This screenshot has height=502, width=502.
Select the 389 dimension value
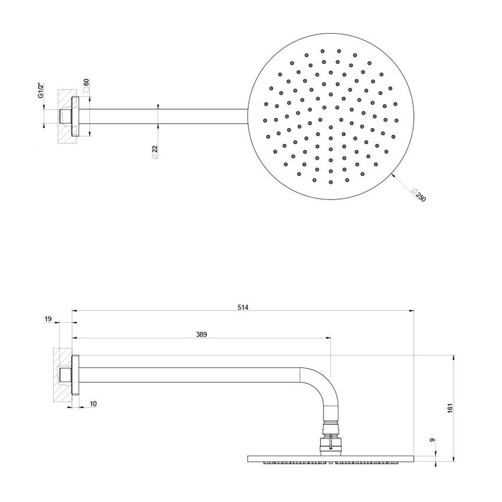pos(201,334)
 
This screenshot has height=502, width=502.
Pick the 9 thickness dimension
pos(432,440)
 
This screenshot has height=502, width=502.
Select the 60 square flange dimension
pos(86,83)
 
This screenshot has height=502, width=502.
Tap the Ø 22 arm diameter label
pos(155,151)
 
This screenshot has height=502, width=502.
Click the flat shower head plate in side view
pos(331,458)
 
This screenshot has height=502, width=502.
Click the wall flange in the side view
pos(75,375)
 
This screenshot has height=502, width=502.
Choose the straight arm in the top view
pos(159,116)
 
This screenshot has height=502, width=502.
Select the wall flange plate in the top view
pos(75,116)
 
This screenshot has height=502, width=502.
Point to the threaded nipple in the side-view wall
pos(64,375)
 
